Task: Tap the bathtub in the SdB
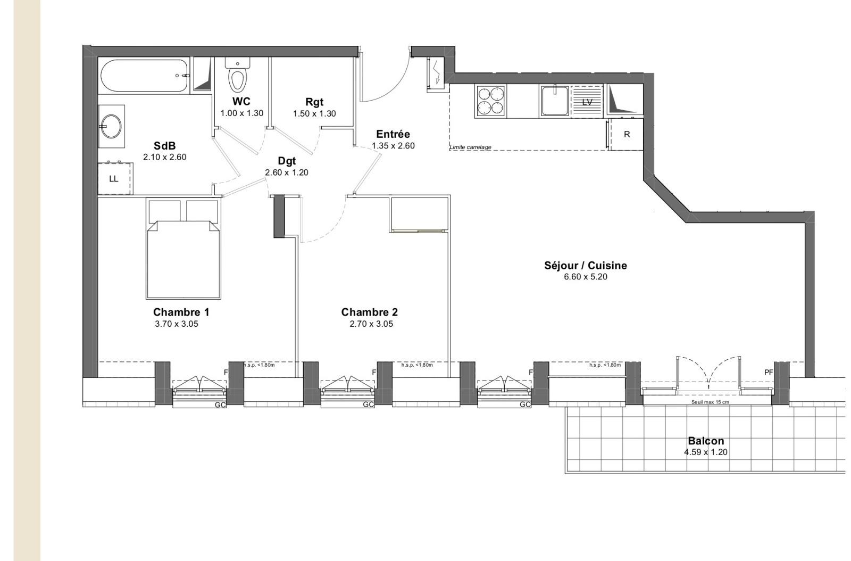point(145,75)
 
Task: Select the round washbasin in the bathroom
point(111,126)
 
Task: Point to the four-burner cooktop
point(490,101)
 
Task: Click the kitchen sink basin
point(555,101)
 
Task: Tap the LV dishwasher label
point(587,102)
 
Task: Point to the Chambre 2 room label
point(369,312)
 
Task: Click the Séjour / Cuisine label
point(586,265)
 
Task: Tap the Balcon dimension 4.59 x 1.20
point(706,452)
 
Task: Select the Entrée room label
point(393,134)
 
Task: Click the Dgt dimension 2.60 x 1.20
point(287,172)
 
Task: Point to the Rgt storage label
point(314,102)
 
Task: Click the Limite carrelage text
point(470,147)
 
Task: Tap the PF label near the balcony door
point(769,373)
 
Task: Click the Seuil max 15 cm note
point(710,402)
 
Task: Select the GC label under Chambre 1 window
point(220,405)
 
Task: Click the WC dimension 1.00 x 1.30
point(241,113)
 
